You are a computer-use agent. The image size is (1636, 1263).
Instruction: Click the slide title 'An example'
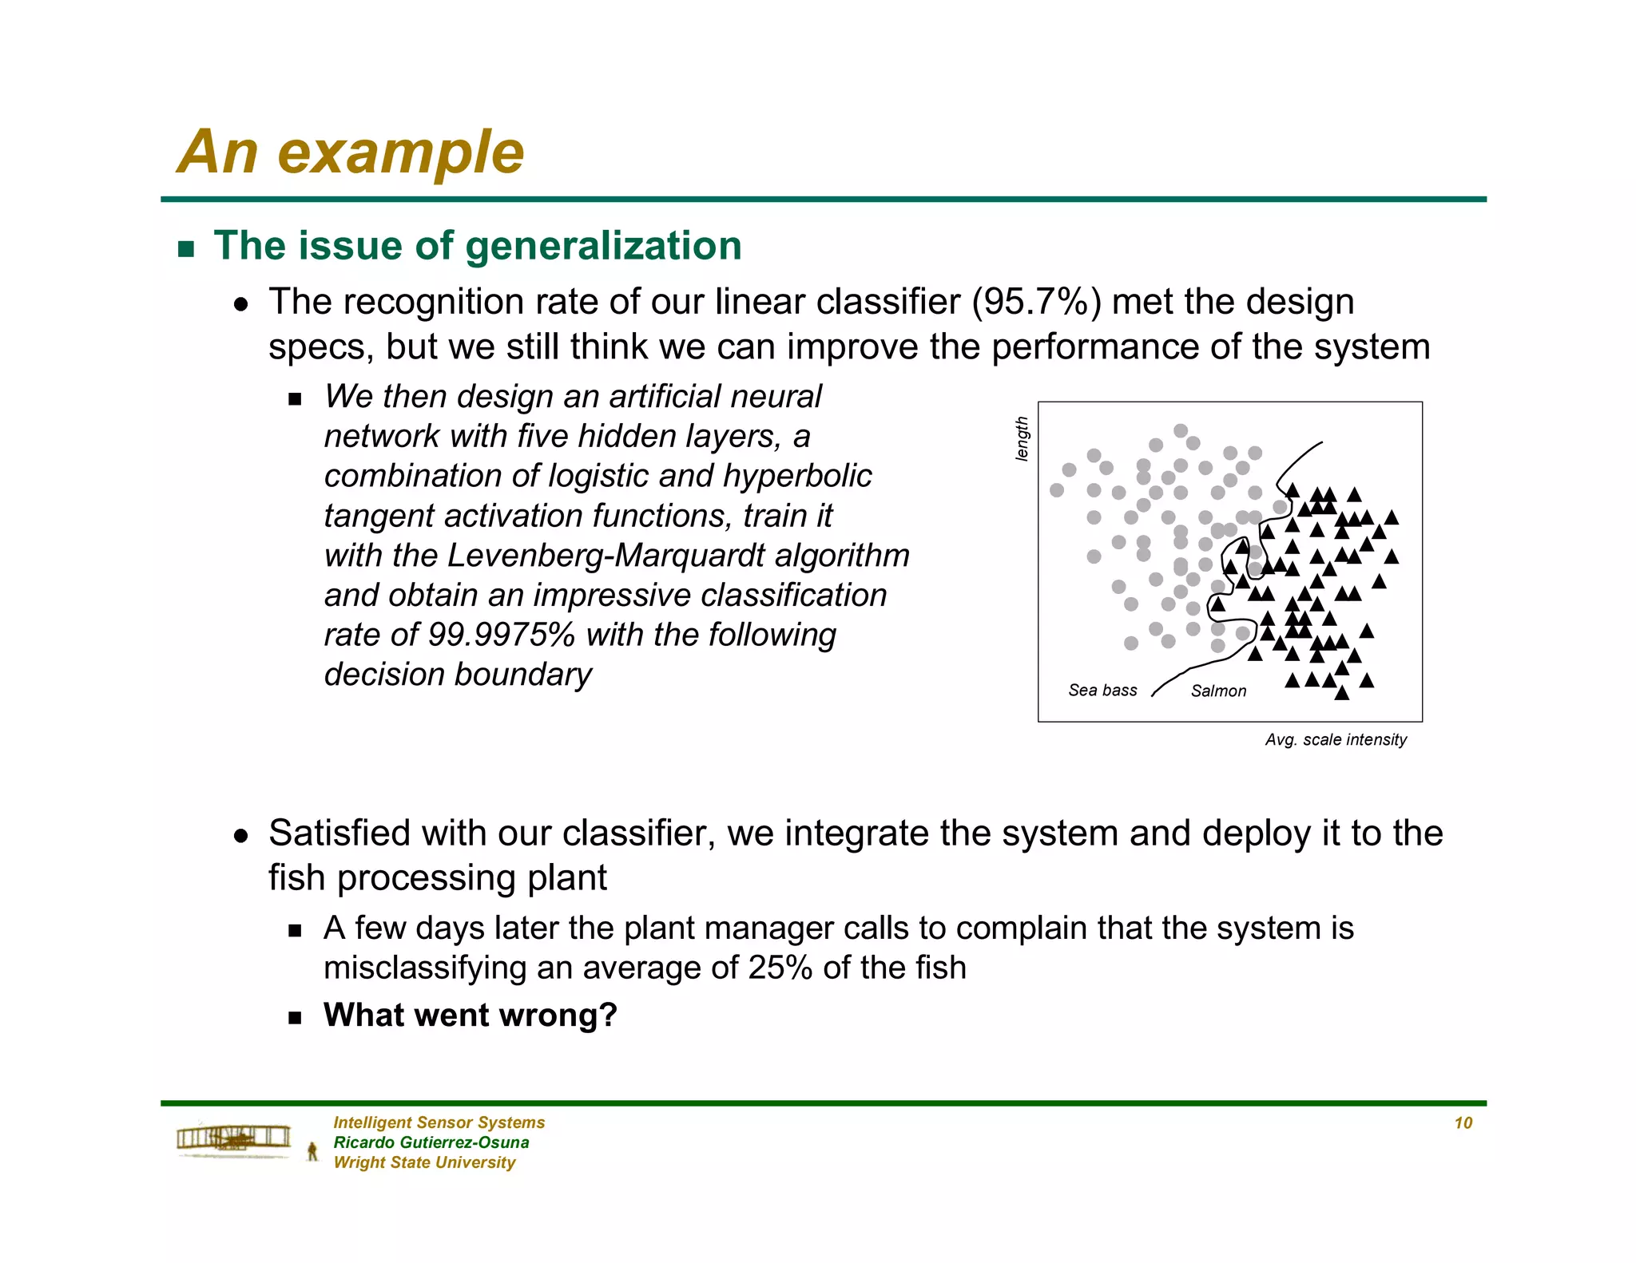[x=350, y=152]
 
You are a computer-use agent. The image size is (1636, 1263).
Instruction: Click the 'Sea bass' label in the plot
[x=1102, y=690]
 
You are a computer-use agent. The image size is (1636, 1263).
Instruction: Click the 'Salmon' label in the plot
[x=1218, y=691]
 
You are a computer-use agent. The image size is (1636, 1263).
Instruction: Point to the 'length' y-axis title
[x=1021, y=438]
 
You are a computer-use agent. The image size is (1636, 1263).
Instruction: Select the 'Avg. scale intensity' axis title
[x=1336, y=739]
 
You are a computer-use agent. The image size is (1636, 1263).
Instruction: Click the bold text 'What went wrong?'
[x=470, y=1016]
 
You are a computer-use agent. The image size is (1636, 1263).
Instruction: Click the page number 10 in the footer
[x=1463, y=1122]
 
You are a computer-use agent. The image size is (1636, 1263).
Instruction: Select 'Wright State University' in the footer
[x=424, y=1162]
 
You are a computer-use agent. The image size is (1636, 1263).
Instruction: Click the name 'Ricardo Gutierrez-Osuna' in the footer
[x=431, y=1142]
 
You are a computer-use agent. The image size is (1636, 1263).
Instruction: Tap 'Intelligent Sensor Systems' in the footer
[x=439, y=1122]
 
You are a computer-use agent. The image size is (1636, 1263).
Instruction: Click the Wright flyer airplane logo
[x=233, y=1138]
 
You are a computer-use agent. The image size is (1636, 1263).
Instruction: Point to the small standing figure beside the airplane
[x=312, y=1151]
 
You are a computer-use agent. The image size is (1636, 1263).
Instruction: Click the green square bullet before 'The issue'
[x=186, y=248]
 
